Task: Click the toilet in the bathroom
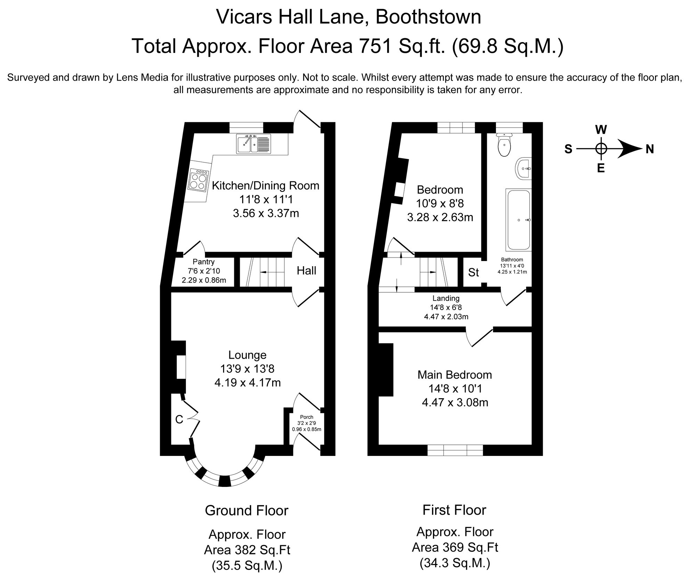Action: (x=504, y=145)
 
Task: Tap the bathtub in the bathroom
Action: (x=518, y=220)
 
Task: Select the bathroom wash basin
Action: (x=523, y=169)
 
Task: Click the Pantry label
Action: (x=204, y=262)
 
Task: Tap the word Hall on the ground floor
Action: (x=306, y=271)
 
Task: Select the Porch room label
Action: (x=306, y=417)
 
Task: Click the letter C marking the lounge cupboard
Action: (x=179, y=420)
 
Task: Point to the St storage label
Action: (x=473, y=272)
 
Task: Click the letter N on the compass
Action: (x=650, y=149)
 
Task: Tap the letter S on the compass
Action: (x=568, y=149)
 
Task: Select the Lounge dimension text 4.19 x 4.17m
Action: (x=248, y=383)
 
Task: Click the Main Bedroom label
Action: (x=455, y=375)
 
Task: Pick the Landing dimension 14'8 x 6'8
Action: (x=446, y=307)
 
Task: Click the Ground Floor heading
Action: (x=247, y=510)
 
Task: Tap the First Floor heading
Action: (x=454, y=510)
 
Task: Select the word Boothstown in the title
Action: (x=428, y=17)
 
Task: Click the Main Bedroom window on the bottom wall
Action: (x=455, y=450)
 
